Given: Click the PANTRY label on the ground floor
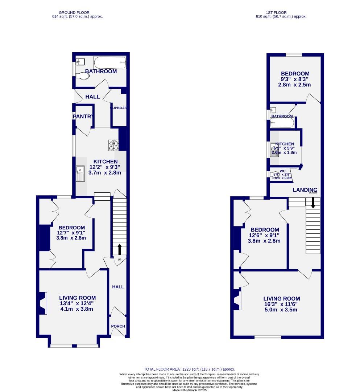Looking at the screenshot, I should tap(83, 117).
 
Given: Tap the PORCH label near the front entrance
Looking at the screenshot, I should tap(118, 326).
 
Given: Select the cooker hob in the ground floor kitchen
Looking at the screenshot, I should tap(113, 145).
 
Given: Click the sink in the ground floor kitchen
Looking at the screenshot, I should tap(80, 173).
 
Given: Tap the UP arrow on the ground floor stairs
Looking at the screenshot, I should tap(120, 249).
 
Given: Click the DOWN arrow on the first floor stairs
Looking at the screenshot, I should tap(313, 203).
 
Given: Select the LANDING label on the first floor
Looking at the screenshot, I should tap(305, 190).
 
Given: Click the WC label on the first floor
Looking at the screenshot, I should tap(282, 171).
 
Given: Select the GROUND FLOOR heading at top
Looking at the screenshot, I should tap(76, 12).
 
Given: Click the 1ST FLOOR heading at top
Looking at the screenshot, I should tap(282, 12).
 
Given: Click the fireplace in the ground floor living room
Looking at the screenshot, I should tap(43, 303).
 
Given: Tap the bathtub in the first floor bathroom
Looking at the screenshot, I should tap(282, 123).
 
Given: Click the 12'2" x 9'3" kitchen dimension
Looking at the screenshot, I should tap(105, 167).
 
